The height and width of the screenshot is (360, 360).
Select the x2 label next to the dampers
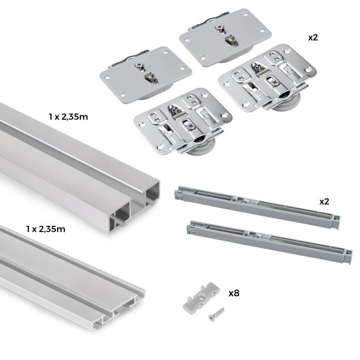[x=323, y=201]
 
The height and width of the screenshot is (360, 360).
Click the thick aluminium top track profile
[x=77, y=159]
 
